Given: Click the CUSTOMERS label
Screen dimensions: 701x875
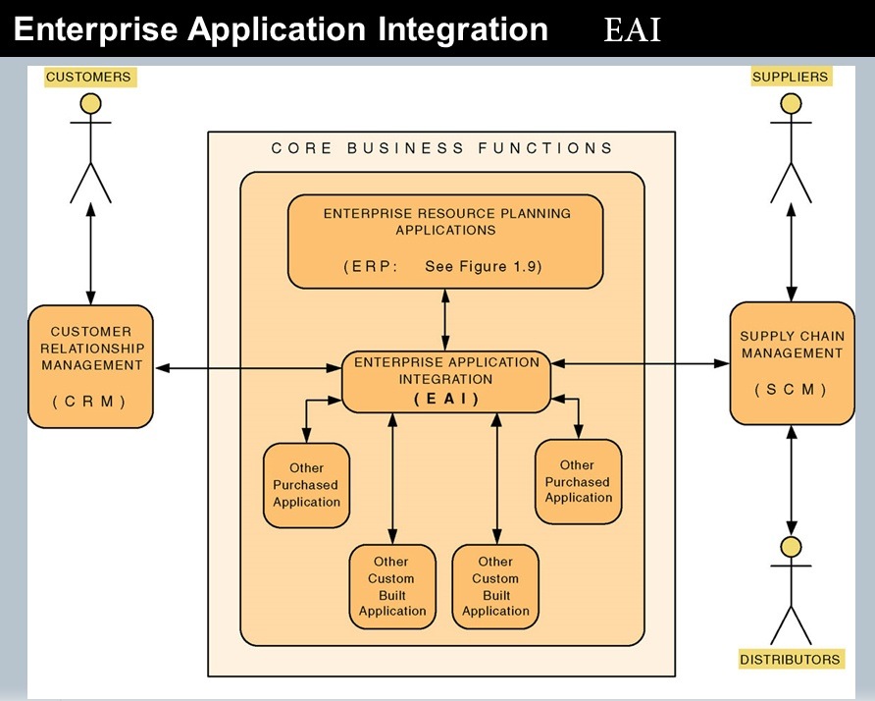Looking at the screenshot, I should [x=88, y=77].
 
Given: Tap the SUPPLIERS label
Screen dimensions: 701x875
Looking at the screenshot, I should [x=790, y=77].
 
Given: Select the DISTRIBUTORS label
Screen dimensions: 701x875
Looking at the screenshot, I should [x=790, y=659].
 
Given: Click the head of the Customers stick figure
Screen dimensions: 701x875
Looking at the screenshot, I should [x=90, y=103].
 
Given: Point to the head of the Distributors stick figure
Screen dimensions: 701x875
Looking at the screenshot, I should [x=791, y=546].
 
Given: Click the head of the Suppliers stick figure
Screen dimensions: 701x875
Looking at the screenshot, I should [x=791, y=103].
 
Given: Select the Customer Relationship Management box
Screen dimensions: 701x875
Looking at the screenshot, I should [x=90, y=365].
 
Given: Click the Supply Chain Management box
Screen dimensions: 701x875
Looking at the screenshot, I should [x=792, y=363].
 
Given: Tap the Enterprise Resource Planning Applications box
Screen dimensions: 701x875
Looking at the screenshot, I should [x=446, y=241].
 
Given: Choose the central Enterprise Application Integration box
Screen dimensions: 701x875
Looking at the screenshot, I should [x=446, y=381].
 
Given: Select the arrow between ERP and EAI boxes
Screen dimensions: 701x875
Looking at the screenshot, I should [x=446, y=319].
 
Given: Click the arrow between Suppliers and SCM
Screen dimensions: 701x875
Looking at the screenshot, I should [x=791, y=252].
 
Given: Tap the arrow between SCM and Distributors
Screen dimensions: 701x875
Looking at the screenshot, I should [x=791, y=480].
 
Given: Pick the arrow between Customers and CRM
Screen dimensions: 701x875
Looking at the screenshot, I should [x=90, y=253].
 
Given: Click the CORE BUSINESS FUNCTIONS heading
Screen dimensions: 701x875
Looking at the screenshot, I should [x=442, y=149].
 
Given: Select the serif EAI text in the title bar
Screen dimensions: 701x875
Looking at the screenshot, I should [x=632, y=30].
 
